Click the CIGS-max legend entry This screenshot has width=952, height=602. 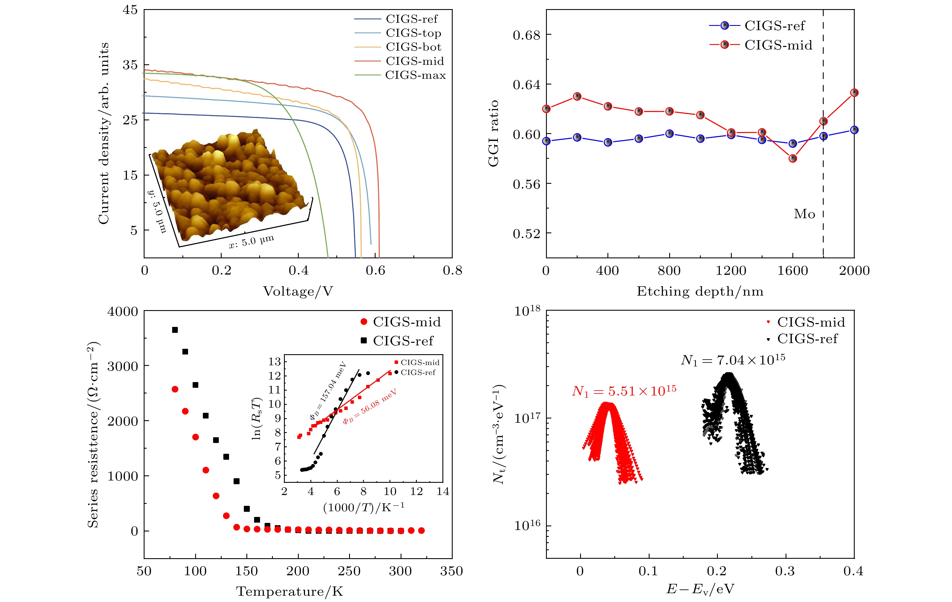415,75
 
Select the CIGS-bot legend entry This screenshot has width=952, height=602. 413,47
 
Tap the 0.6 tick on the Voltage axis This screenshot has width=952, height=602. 375,270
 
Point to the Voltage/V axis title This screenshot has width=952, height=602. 298,292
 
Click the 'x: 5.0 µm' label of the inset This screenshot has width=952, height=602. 252,241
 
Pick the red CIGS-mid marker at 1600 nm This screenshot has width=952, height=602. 792,158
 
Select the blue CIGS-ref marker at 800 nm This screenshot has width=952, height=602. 669,134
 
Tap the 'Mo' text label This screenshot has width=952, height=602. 804,214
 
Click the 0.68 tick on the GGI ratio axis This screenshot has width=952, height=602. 526,35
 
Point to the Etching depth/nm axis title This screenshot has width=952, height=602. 700,292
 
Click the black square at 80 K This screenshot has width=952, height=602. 175,330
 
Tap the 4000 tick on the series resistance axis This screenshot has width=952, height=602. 123,312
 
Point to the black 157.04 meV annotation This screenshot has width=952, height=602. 328,390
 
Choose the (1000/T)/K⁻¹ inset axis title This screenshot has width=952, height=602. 363,507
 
